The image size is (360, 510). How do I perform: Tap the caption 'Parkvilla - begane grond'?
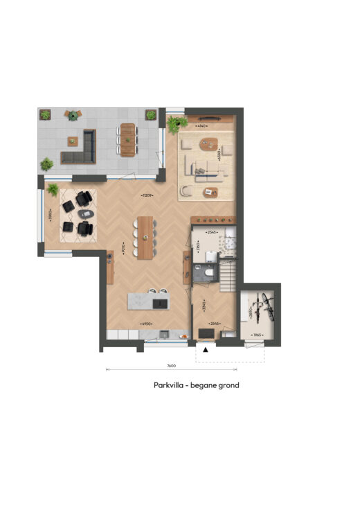(x=196, y=385)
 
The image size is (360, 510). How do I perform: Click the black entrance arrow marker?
(x=205, y=350)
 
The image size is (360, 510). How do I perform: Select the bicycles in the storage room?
(x=260, y=308)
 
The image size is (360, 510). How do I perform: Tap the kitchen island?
(x=147, y=300)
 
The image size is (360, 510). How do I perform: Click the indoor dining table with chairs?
(x=145, y=237)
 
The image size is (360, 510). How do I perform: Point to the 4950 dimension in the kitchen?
(x=146, y=323)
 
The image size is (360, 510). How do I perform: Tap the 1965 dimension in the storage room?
(x=257, y=335)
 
